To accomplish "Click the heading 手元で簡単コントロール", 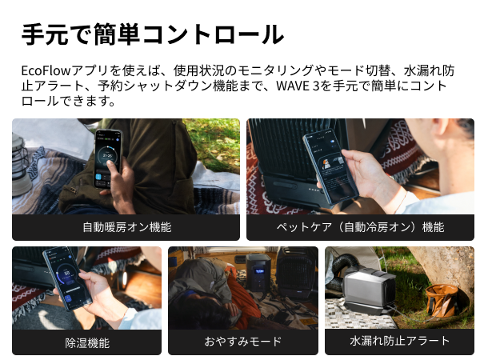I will pos(152,34).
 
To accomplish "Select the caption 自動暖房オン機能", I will pos(126,227).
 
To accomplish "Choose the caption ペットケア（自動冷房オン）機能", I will pos(360,227).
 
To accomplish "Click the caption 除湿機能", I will pos(87,342).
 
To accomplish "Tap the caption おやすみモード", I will pos(242,342).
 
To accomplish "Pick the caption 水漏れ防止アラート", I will pos(399,342).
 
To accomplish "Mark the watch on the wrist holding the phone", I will pos(128,314).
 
